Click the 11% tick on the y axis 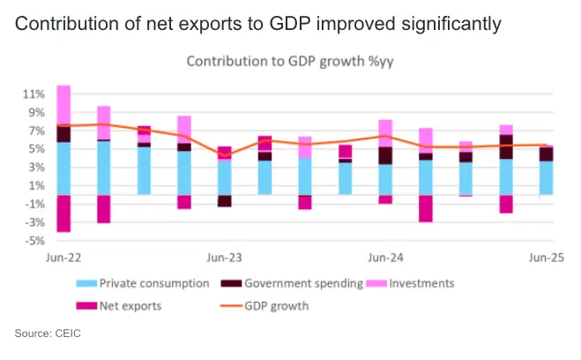(x=33, y=94)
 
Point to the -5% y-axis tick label (x=33, y=240)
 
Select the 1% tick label (x=35, y=185)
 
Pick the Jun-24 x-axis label (x=385, y=258)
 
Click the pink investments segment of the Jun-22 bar (x=63, y=106)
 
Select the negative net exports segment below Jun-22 (x=63, y=213)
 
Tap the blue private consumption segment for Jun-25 (x=547, y=177)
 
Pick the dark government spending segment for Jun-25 (x=547, y=154)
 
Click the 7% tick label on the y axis (x=35, y=131)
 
